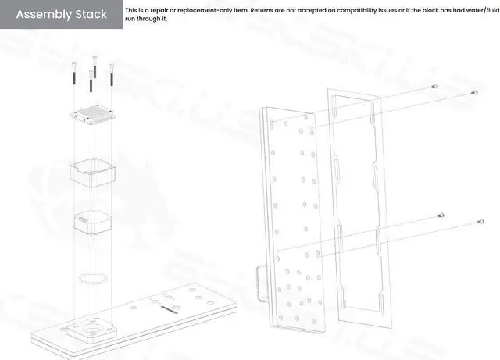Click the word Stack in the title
click(x=92, y=15)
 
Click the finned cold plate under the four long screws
click(x=91, y=113)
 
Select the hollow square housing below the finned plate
click(x=91, y=172)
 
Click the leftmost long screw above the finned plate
click(x=71, y=74)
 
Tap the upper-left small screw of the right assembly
click(x=435, y=87)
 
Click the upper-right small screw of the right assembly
click(x=474, y=92)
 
